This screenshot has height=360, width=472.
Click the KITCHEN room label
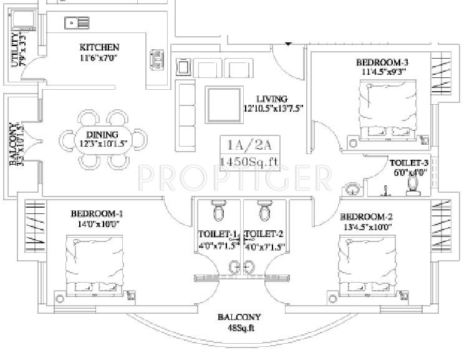99,47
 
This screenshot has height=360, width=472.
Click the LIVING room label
272,99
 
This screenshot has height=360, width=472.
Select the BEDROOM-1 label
97,213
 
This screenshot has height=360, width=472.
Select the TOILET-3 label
410,160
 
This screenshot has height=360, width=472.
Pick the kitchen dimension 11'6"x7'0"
99,58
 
